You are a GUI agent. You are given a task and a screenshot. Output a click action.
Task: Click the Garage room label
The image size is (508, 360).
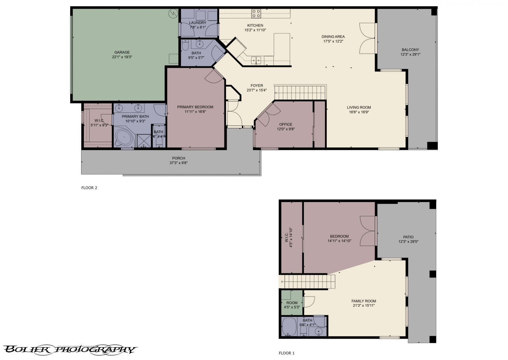(122, 52)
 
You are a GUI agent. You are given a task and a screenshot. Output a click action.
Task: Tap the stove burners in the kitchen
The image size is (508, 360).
(256, 13)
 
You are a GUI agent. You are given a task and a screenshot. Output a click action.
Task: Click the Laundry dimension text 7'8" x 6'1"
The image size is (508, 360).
(198, 27)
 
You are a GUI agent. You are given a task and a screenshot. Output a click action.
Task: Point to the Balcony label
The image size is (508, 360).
(410, 50)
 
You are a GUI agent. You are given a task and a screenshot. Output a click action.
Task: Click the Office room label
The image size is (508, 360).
(285, 125)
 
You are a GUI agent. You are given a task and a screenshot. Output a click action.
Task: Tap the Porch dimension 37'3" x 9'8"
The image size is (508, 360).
(178, 163)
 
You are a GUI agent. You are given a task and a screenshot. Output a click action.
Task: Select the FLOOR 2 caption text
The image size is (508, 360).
(89, 188)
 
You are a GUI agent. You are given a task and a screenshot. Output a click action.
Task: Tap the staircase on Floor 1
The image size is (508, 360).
(310, 282)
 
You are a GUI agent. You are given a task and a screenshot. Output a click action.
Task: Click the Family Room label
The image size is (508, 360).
(364, 301)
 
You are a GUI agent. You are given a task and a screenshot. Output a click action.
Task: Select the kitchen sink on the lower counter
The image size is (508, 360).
(256, 59)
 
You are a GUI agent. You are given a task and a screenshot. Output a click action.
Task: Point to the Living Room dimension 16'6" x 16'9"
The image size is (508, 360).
(359, 112)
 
